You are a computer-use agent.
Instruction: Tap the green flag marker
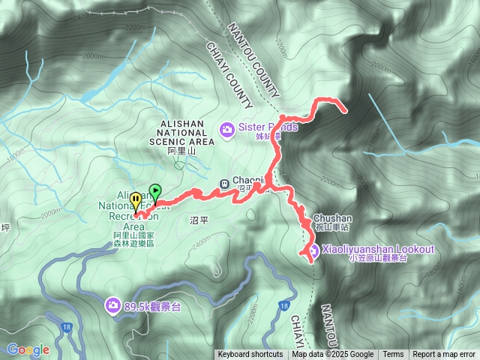pos(155,191)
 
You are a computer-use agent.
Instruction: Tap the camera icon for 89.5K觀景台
pos(112,305)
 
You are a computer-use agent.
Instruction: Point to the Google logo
pos(28,349)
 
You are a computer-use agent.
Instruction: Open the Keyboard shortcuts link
pos(250,355)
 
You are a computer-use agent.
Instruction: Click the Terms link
pos(393,355)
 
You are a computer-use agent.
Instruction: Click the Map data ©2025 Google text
pos(333,355)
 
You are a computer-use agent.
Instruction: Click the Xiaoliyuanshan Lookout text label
pos(378,249)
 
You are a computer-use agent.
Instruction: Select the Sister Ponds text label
pos(268,127)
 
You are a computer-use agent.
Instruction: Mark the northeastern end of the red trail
pos(345,112)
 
